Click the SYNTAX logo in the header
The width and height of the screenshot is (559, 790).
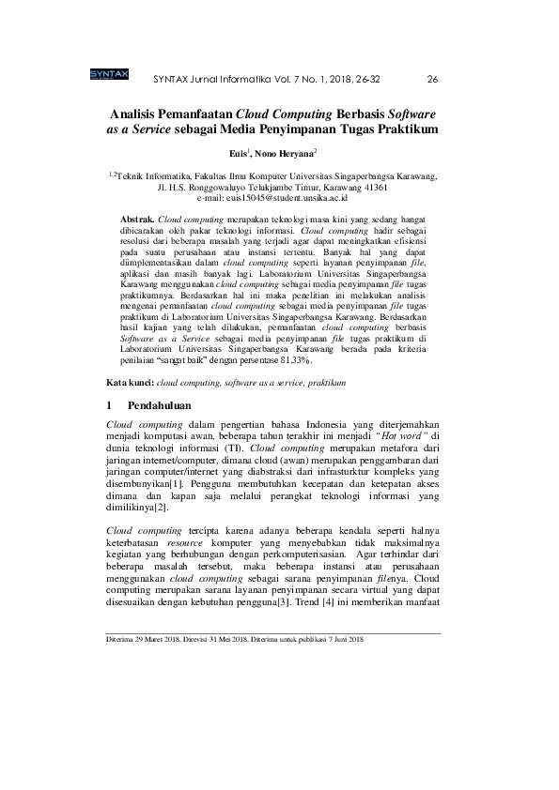(110, 76)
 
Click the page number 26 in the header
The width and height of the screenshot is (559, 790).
(432, 78)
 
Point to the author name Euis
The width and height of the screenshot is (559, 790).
(239, 152)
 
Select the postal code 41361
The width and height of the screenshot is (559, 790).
(380, 187)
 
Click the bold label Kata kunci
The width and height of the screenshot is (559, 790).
(130, 383)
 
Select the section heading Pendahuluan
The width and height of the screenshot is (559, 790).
(161, 406)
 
